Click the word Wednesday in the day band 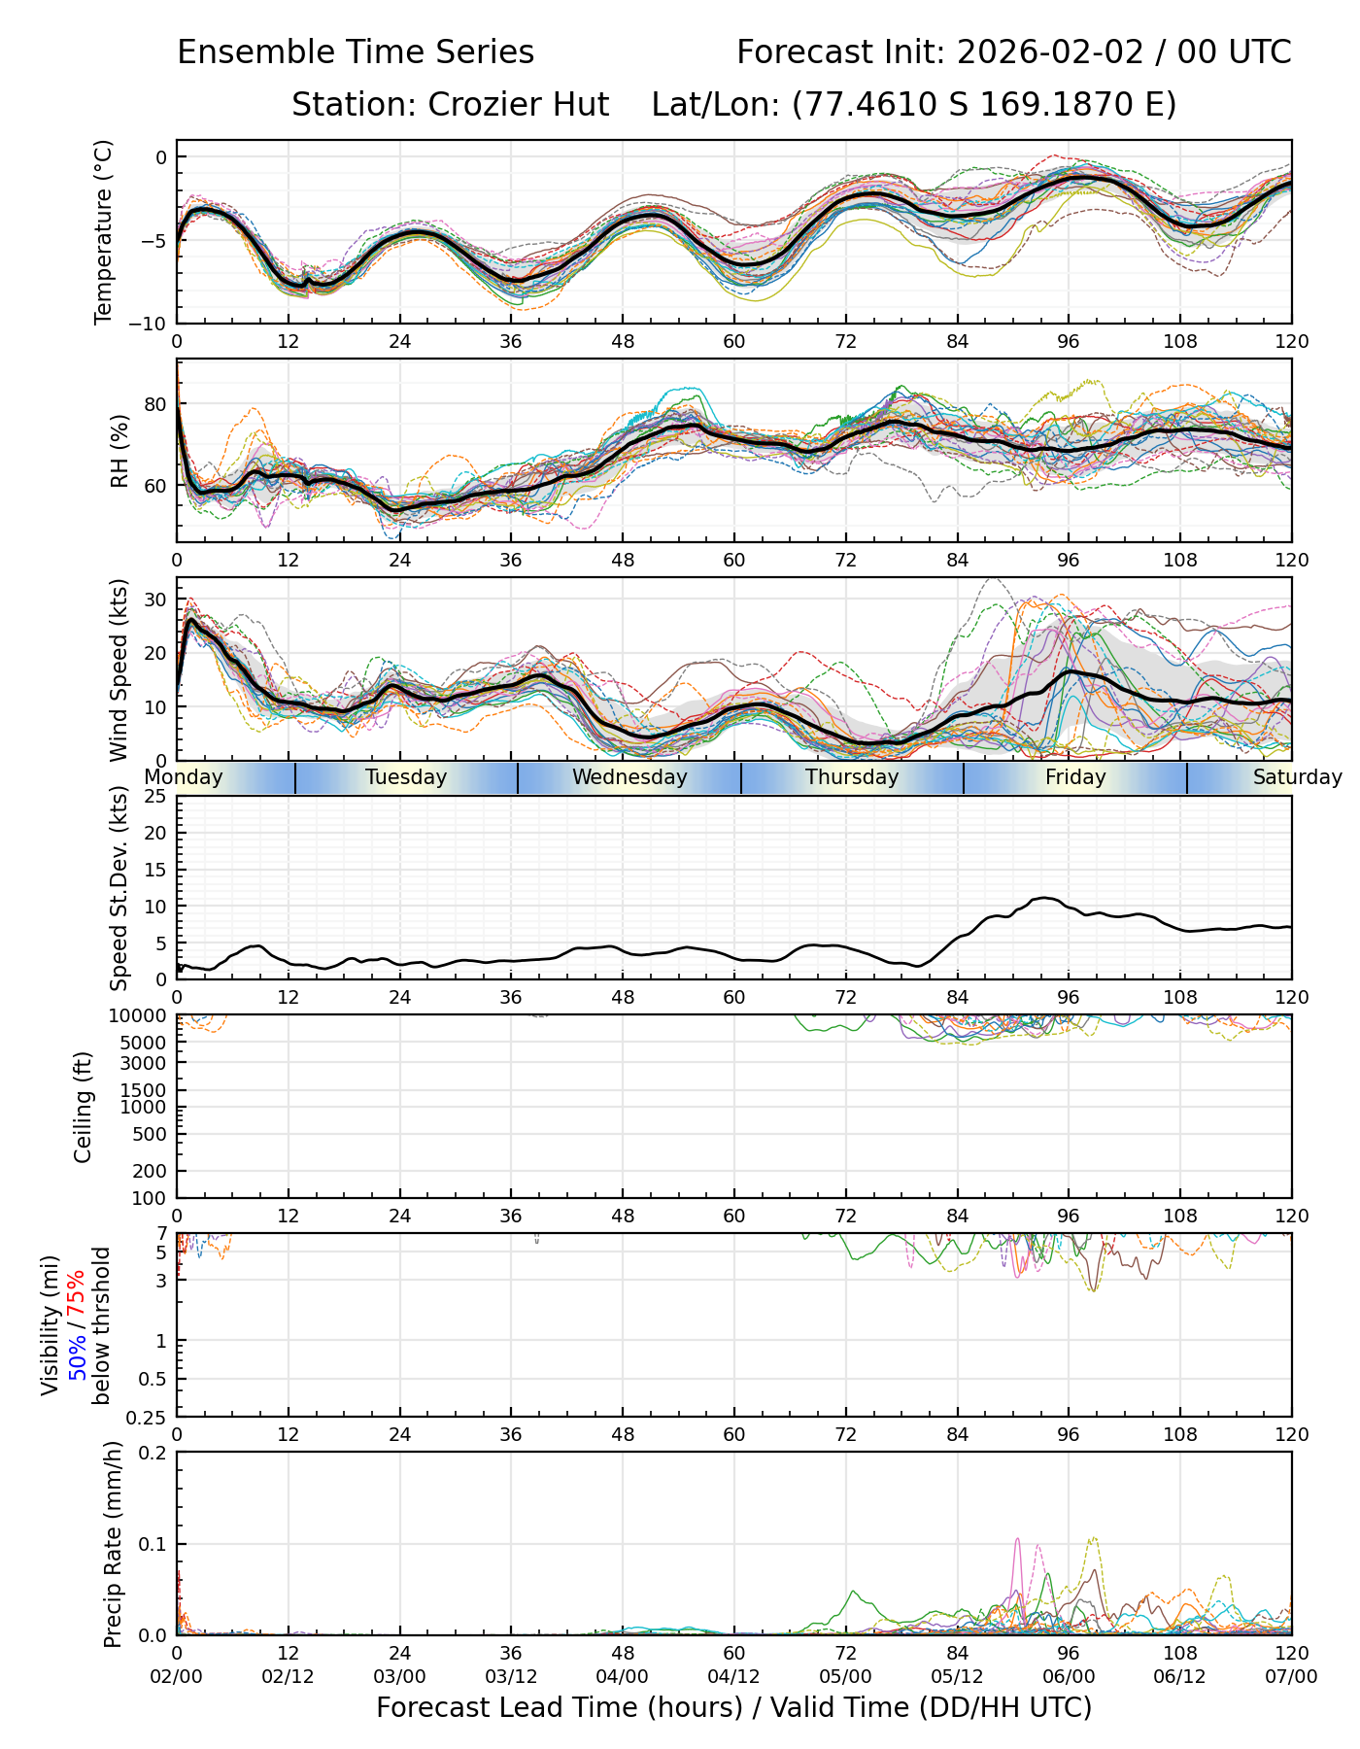click(629, 777)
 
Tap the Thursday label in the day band click(852, 777)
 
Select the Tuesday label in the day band click(406, 777)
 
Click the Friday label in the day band click(1075, 777)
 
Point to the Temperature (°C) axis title click(104, 231)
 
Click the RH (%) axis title click(119, 451)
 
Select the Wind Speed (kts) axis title click(119, 669)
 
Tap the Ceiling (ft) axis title click(84, 1107)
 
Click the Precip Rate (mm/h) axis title click(114, 1544)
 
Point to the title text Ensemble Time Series click(356, 52)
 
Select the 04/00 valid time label click(623, 1676)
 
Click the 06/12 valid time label click(1180, 1676)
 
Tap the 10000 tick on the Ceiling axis click(141, 1016)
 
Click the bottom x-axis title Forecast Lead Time click(733, 1708)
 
